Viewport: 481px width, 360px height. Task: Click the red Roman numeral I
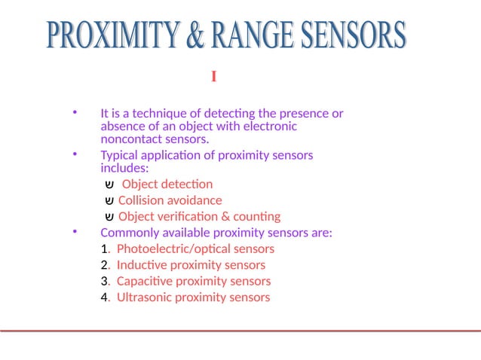(x=214, y=77)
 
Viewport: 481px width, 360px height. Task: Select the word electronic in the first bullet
(x=268, y=127)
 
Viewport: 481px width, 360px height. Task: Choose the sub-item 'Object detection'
(x=167, y=184)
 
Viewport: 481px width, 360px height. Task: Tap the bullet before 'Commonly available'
(x=75, y=233)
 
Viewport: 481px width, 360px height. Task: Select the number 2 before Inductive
(x=104, y=265)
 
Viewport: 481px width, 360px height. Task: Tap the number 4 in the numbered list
(x=104, y=297)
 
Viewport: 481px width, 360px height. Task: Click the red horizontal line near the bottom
(x=240, y=331)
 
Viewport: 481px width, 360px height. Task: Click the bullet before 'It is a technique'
(x=75, y=114)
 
